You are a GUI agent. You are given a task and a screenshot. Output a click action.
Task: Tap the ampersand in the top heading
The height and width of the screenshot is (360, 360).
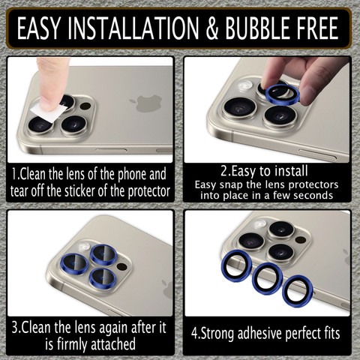pos(212,28)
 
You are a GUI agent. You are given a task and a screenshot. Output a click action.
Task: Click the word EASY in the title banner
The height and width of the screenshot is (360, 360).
pos(39,28)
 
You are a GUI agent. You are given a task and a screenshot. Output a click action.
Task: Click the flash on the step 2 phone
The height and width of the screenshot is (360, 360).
pos(246,85)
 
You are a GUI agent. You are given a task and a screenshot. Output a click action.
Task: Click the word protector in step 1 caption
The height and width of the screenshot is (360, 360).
pos(149,192)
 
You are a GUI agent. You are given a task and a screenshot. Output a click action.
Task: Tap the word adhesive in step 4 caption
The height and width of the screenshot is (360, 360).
pos(260,333)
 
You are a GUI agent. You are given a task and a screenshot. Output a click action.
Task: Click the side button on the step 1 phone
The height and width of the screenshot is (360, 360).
pos(111,150)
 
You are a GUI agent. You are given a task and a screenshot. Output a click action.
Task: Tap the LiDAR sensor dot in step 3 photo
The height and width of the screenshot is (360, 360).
pos(122,266)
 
